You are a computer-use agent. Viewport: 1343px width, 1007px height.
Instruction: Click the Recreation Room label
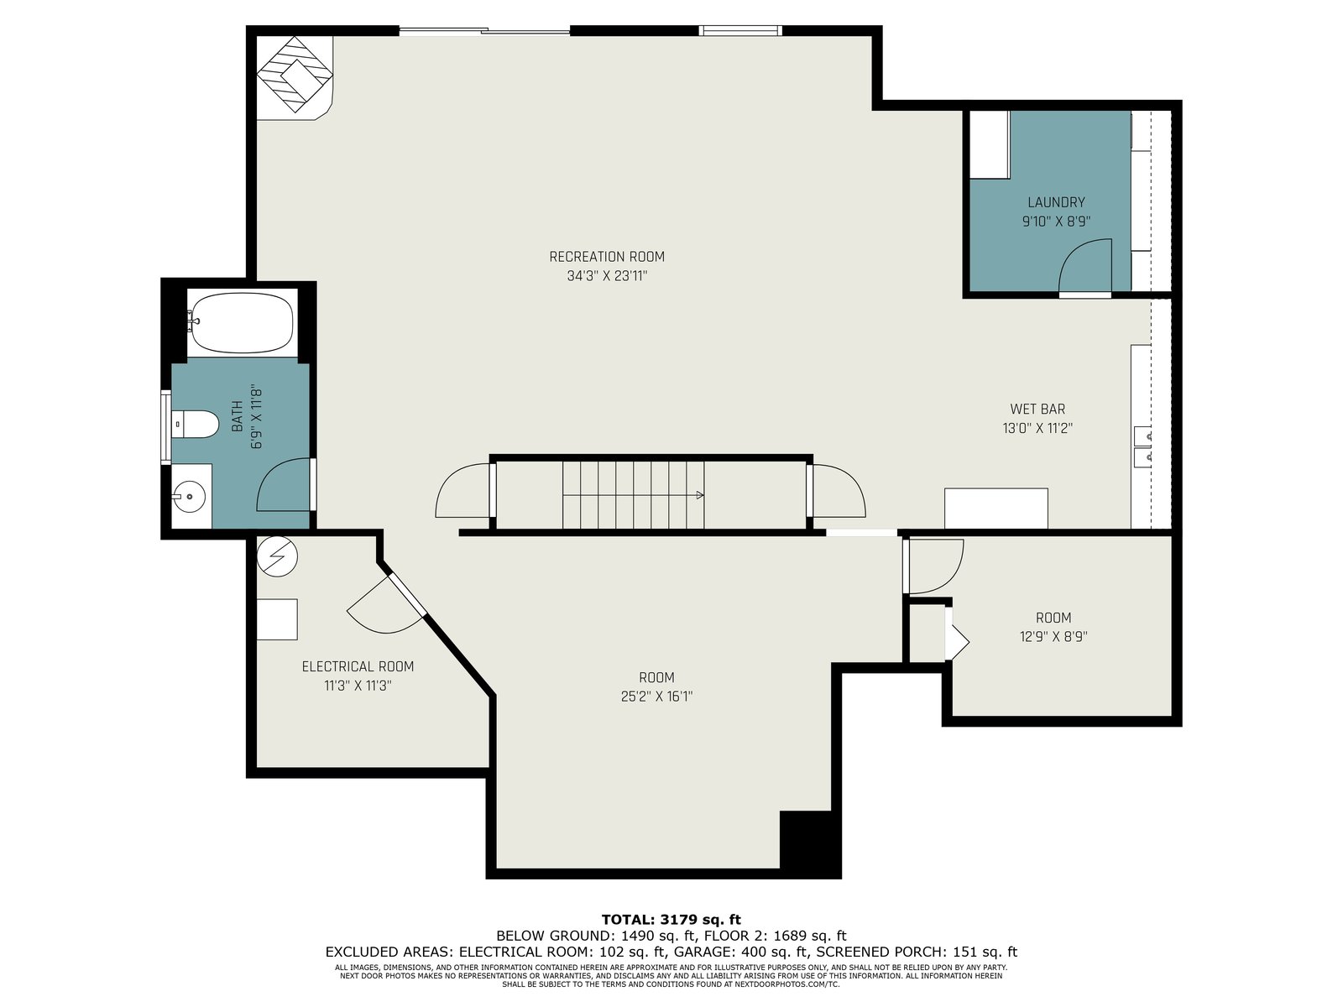tap(606, 257)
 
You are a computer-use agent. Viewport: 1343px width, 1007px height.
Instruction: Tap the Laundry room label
tap(1056, 202)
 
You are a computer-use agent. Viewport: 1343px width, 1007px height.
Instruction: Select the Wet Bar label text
tap(1037, 409)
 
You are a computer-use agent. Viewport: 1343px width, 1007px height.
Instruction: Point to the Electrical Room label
tap(358, 666)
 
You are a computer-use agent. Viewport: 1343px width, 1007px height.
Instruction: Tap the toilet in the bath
tap(194, 424)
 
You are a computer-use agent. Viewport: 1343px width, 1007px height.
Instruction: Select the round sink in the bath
tap(189, 497)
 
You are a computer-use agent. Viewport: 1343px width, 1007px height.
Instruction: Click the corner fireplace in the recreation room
tap(295, 75)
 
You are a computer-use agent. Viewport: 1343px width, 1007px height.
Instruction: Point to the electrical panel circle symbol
tap(277, 556)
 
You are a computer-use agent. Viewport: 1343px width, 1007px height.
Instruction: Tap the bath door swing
tap(284, 485)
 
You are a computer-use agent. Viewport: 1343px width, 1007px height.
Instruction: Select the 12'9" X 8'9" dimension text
tap(1053, 636)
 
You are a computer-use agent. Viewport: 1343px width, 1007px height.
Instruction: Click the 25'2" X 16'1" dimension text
tap(656, 697)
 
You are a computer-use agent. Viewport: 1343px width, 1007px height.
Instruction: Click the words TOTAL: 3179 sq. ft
tap(671, 920)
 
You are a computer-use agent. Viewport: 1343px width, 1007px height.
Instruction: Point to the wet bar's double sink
tap(1142, 446)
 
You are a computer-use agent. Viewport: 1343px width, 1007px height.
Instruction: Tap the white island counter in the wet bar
tap(996, 508)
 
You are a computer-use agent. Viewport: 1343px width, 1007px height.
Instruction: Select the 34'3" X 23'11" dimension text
tap(606, 276)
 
